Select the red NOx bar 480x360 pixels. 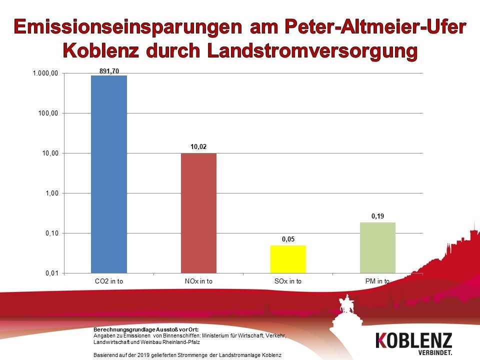198,213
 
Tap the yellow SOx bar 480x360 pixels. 288,259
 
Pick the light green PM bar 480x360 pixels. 377,247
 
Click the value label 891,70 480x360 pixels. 109,71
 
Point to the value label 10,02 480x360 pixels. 198,147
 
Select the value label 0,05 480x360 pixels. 288,239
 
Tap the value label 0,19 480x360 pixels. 377,216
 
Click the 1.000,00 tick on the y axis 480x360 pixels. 46,73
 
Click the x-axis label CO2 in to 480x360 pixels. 109,281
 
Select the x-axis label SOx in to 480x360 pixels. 288,281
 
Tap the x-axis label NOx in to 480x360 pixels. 198,281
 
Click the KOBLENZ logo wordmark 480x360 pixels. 413,340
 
